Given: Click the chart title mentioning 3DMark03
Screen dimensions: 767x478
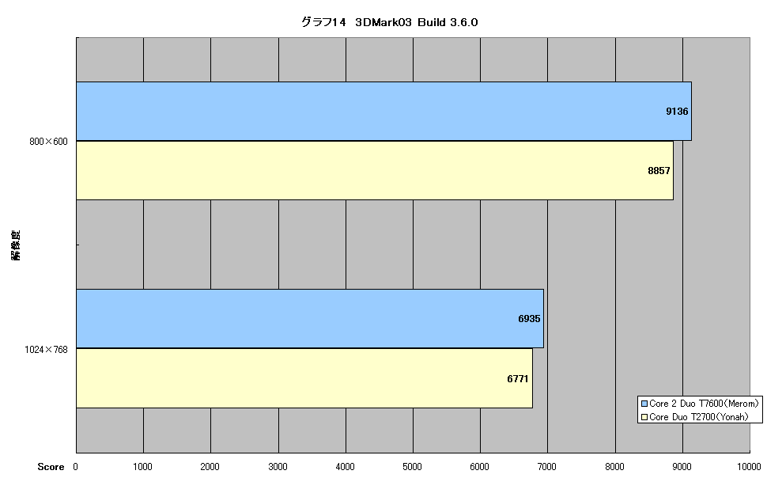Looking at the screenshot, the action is pyautogui.click(x=389, y=22).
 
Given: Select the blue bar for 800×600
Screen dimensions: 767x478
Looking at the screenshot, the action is pyautogui.click(x=384, y=111).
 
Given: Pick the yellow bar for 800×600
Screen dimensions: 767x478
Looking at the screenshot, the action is pyautogui.click(x=375, y=170).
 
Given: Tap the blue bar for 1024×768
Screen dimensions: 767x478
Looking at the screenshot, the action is pyautogui.click(x=310, y=318).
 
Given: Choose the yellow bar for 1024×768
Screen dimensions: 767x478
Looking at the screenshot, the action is pyautogui.click(x=304, y=378).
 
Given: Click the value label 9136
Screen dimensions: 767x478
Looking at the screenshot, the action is pyautogui.click(x=677, y=111).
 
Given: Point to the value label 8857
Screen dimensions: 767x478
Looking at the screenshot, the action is pyautogui.click(x=659, y=170).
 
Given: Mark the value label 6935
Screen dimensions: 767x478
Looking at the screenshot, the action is pyautogui.click(x=529, y=319).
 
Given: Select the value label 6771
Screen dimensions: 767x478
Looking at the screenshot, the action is pyautogui.click(x=518, y=378).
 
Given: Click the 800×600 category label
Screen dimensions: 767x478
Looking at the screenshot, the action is pyautogui.click(x=48, y=142).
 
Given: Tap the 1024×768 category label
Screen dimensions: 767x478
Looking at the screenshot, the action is pyautogui.click(x=46, y=350).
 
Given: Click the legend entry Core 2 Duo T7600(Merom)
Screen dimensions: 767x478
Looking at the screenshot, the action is pyautogui.click(x=700, y=404).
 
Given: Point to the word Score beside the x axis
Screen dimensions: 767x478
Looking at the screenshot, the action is pyautogui.click(x=51, y=467).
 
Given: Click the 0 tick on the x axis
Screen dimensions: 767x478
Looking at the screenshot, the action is pyautogui.click(x=76, y=467).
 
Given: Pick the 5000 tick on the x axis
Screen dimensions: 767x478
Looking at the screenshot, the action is pyautogui.click(x=412, y=467).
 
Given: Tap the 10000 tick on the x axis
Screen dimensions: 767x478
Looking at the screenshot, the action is pyautogui.click(x=749, y=467).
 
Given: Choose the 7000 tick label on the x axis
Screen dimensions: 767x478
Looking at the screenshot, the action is pyautogui.click(x=547, y=467).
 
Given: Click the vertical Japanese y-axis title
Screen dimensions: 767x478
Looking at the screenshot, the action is pyautogui.click(x=16, y=245).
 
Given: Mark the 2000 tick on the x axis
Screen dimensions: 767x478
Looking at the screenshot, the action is pyautogui.click(x=210, y=467).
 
